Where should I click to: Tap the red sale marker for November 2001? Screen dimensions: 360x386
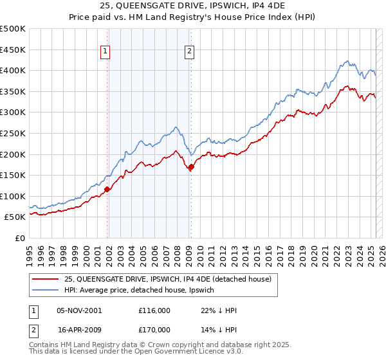click(107, 189)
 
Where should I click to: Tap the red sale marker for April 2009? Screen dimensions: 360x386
click(191, 166)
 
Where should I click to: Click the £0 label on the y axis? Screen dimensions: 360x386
click(21, 238)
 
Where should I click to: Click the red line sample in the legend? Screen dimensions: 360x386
click(46, 279)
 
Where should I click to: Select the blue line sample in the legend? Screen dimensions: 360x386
click(46, 290)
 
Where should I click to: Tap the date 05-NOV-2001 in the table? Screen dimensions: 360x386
click(79, 310)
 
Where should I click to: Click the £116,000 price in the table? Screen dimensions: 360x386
click(154, 310)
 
